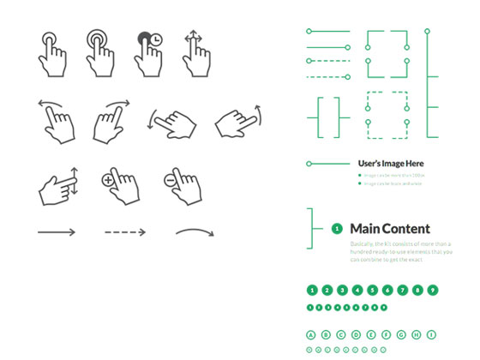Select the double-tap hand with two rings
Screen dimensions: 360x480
(99, 53)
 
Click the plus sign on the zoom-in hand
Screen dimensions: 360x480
(108, 180)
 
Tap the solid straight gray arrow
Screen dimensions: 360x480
(57, 231)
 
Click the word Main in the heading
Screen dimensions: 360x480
(366, 228)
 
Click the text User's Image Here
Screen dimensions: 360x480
(391, 163)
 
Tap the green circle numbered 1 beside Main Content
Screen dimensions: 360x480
(337, 229)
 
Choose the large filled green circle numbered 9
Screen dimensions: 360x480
(433, 290)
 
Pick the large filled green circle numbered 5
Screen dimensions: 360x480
(372, 290)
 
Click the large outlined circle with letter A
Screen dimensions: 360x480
(312, 334)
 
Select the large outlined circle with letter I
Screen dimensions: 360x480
(433, 334)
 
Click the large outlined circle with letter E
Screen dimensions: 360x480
(372, 334)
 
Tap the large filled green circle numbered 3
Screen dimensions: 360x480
(342, 290)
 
